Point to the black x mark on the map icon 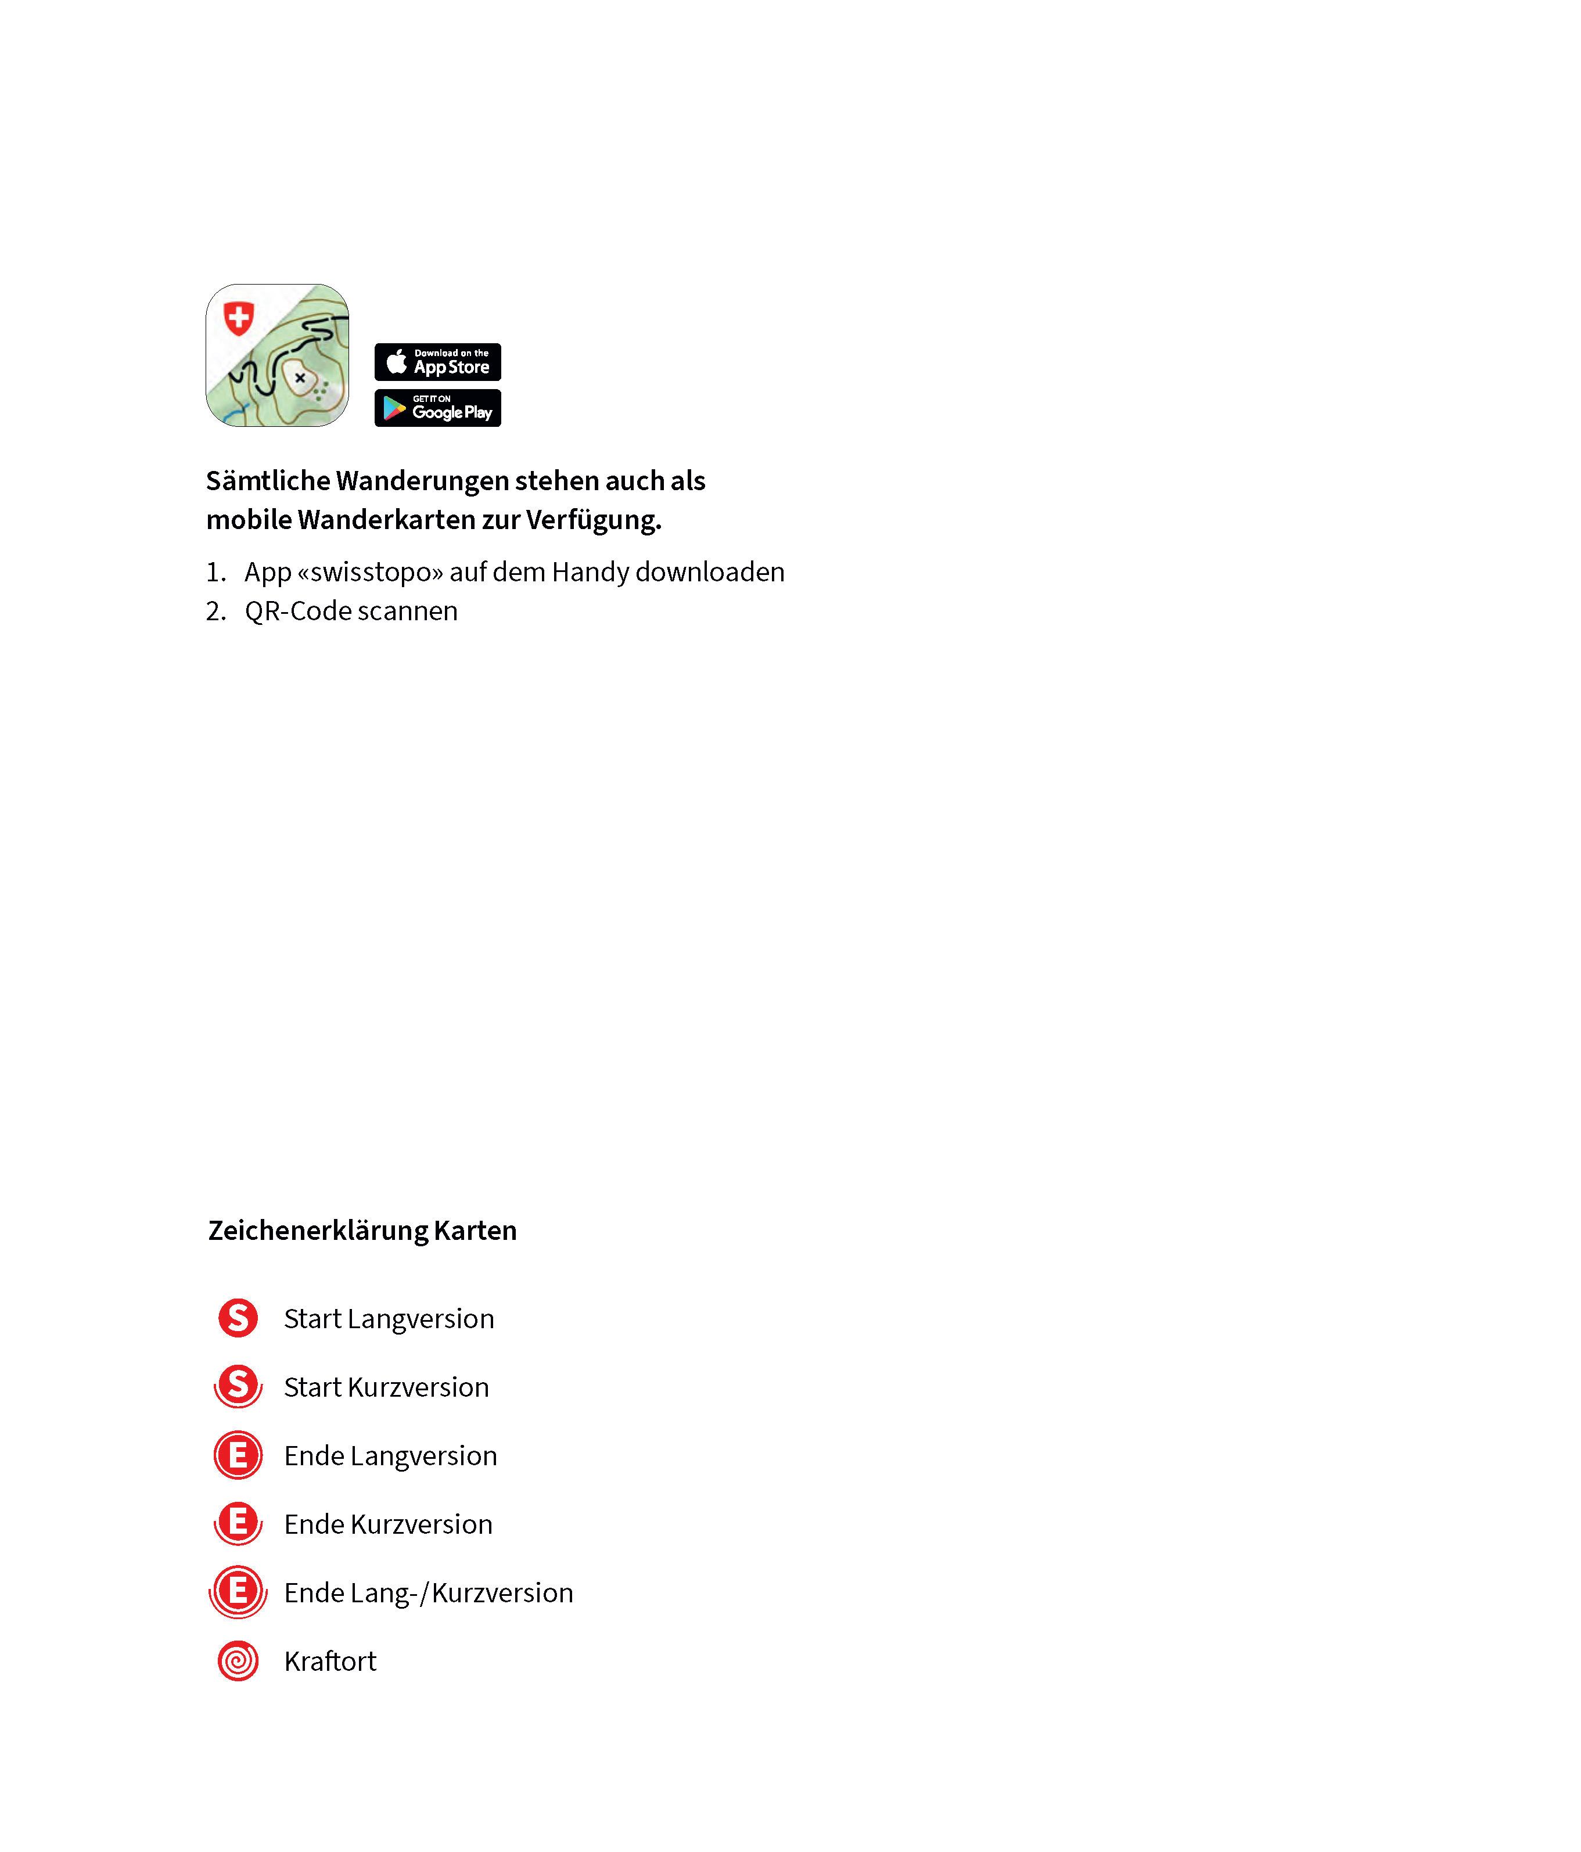click(300, 378)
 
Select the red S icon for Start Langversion click(238, 1318)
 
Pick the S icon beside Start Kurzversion click(238, 1386)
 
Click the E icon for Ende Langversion click(238, 1455)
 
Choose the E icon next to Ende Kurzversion click(238, 1523)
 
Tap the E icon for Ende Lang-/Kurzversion click(238, 1592)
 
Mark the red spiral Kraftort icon click(238, 1661)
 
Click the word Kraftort click(330, 1662)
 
